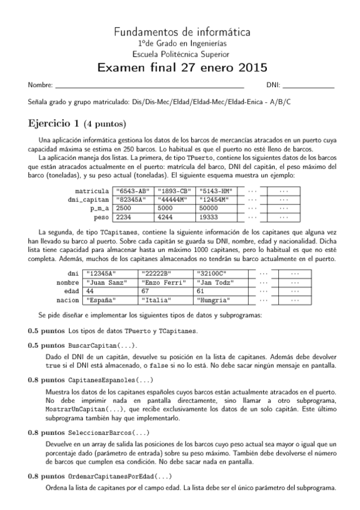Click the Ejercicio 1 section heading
pos(76,124)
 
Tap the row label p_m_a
pos(99,207)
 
